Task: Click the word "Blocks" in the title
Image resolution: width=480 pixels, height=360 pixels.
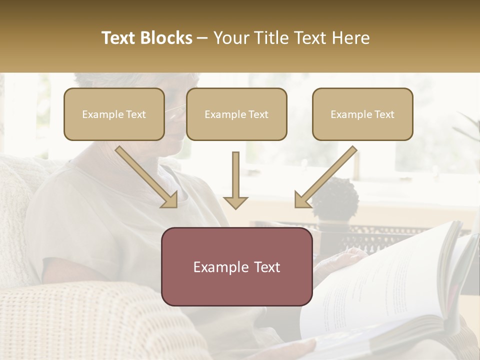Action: [x=167, y=38]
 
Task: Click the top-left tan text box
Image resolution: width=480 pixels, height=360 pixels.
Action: [x=114, y=114]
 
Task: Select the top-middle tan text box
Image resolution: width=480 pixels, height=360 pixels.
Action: [x=236, y=114]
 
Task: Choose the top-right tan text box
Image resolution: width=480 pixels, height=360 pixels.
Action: [x=362, y=114]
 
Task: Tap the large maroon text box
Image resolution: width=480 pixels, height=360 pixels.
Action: [x=236, y=266]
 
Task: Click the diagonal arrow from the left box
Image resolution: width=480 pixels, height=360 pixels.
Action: [x=147, y=177]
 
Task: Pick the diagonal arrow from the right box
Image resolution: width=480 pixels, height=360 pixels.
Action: [x=325, y=177]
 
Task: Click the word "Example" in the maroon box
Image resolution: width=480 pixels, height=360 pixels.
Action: [x=218, y=267]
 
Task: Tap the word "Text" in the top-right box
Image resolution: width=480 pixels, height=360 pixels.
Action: [x=384, y=114]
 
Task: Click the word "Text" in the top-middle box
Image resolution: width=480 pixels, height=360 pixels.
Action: [x=258, y=114]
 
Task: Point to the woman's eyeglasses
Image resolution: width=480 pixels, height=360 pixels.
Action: [x=176, y=111]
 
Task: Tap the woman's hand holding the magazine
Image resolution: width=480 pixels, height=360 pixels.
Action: [x=345, y=257]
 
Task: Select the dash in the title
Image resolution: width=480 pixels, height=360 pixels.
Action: [x=202, y=38]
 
